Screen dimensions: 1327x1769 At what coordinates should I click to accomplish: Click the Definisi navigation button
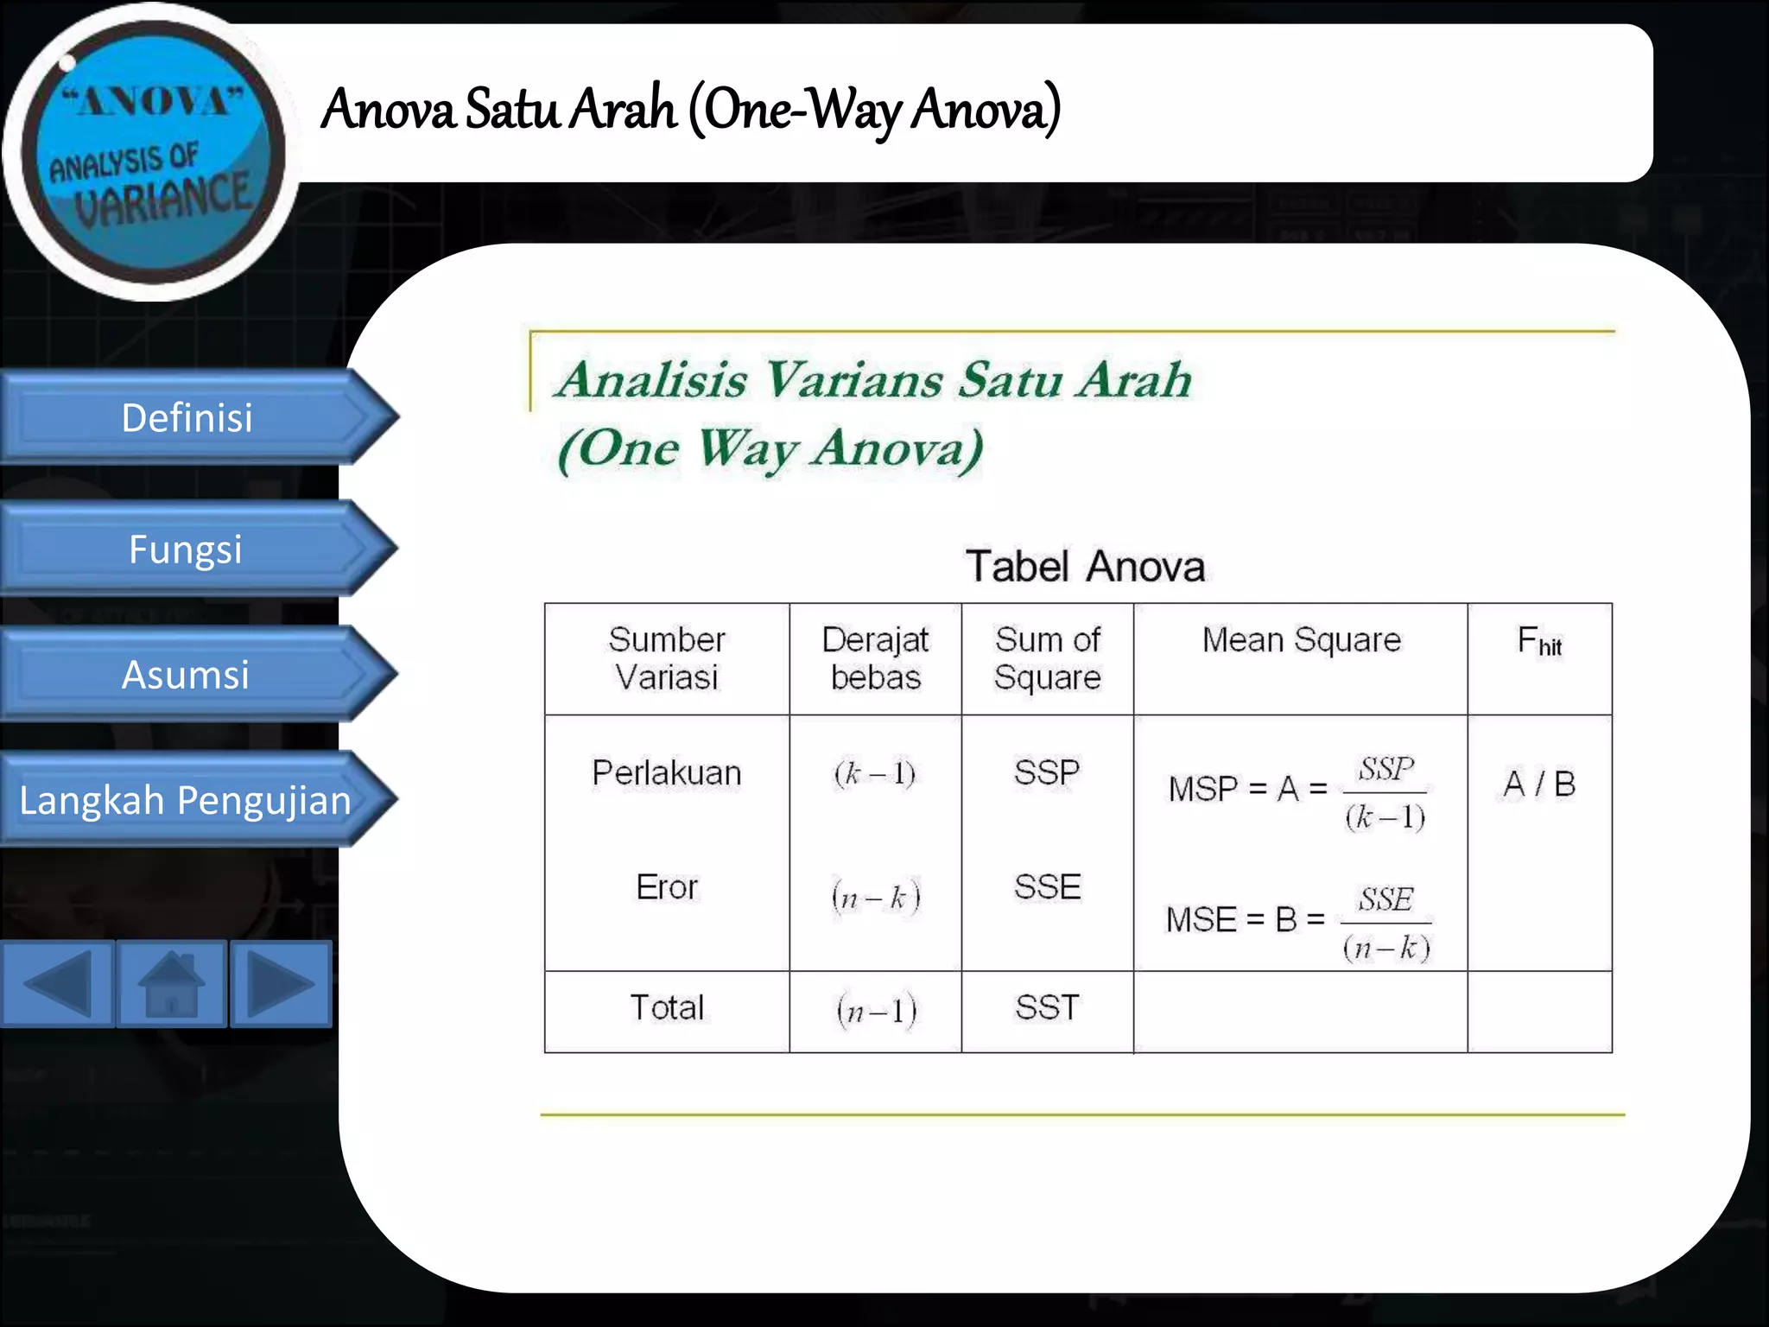click(x=187, y=418)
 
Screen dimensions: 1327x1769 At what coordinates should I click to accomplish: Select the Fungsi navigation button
click(x=186, y=549)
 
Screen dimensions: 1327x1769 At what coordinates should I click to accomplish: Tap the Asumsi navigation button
click(x=186, y=675)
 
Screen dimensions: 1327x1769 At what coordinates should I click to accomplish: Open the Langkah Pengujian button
click(x=186, y=800)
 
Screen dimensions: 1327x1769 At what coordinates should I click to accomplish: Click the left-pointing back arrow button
click(x=57, y=983)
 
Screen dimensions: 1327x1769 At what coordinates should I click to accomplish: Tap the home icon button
click(x=172, y=983)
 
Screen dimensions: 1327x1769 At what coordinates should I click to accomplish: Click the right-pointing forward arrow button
click(x=281, y=983)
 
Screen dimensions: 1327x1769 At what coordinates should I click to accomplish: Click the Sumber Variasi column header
click(x=667, y=658)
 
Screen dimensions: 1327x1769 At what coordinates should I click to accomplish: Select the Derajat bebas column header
click(x=875, y=658)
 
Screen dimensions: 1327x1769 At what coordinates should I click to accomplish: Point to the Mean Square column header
click(x=1301, y=640)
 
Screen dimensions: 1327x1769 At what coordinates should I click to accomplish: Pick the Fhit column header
click(x=1539, y=643)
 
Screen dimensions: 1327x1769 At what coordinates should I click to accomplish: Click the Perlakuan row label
click(x=667, y=772)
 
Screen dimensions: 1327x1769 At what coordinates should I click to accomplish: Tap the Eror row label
click(x=667, y=887)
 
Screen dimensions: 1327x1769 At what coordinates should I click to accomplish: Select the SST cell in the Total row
click(x=1047, y=1008)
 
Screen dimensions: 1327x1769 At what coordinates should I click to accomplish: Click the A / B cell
click(x=1539, y=784)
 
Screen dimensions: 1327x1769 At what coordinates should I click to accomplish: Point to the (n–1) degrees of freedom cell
click(x=876, y=1010)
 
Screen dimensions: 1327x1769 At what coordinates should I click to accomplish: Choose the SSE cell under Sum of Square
click(x=1047, y=887)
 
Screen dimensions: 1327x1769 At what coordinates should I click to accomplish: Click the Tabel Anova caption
click(x=1085, y=567)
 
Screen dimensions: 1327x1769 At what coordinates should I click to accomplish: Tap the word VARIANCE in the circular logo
click(x=163, y=199)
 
